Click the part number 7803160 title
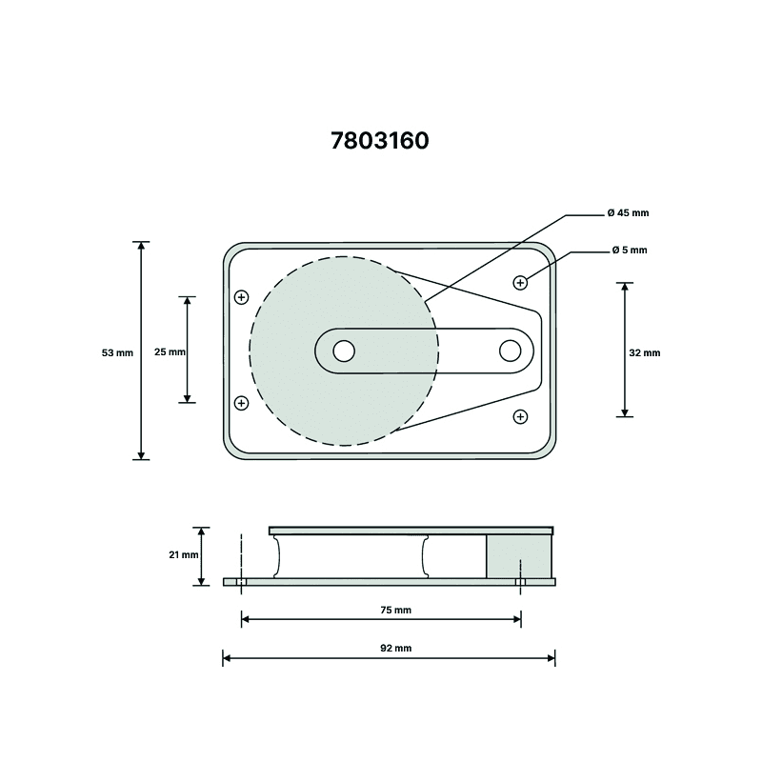point(380,141)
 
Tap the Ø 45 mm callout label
point(628,212)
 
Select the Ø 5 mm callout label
point(630,251)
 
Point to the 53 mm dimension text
point(117,352)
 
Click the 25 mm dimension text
point(170,351)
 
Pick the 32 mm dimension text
point(645,352)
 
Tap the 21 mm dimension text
point(184,554)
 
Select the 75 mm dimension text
point(395,610)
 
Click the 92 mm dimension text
point(395,648)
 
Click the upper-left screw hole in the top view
point(242,297)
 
